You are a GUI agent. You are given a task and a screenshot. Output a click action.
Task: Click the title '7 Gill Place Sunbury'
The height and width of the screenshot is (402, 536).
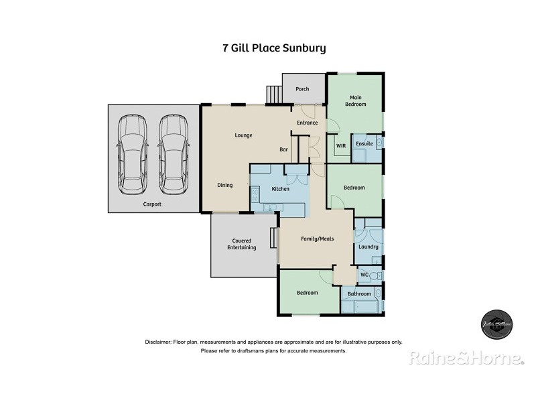(273, 48)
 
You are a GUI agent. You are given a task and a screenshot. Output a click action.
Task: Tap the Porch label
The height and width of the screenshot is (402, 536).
(302, 89)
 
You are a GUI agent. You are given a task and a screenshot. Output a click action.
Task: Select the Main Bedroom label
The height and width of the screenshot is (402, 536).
(355, 100)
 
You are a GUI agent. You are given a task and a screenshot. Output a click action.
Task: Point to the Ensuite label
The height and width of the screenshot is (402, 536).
(364, 144)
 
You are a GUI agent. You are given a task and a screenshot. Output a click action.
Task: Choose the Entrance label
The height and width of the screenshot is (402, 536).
(308, 123)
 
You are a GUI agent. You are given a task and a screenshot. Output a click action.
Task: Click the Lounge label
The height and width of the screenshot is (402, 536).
(243, 135)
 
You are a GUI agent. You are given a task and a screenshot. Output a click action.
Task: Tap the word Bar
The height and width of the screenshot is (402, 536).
(284, 150)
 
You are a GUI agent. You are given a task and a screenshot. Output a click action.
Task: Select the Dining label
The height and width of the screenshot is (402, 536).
(224, 185)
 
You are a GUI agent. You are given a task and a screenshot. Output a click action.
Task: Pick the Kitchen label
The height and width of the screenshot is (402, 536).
(280, 189)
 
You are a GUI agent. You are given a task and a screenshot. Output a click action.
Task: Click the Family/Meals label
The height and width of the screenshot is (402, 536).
(317, 239)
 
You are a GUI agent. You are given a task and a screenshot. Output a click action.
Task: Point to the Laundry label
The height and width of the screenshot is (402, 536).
(368, 247)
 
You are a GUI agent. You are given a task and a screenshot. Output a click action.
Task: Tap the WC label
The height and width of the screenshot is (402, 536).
(364, 275)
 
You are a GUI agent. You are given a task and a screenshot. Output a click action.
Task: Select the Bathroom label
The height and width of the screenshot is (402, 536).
(359, 293)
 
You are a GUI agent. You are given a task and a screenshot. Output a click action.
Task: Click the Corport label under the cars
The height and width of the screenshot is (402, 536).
(152, 204)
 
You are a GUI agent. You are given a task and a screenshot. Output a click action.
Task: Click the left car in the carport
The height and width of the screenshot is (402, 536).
(132, 154)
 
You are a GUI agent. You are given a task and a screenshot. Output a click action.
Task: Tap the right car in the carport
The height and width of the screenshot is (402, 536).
(173, 154)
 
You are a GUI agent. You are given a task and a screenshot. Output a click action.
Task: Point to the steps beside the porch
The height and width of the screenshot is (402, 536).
(274, 94)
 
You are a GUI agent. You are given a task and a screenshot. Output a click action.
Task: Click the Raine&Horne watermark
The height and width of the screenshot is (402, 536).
(466, 358)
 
